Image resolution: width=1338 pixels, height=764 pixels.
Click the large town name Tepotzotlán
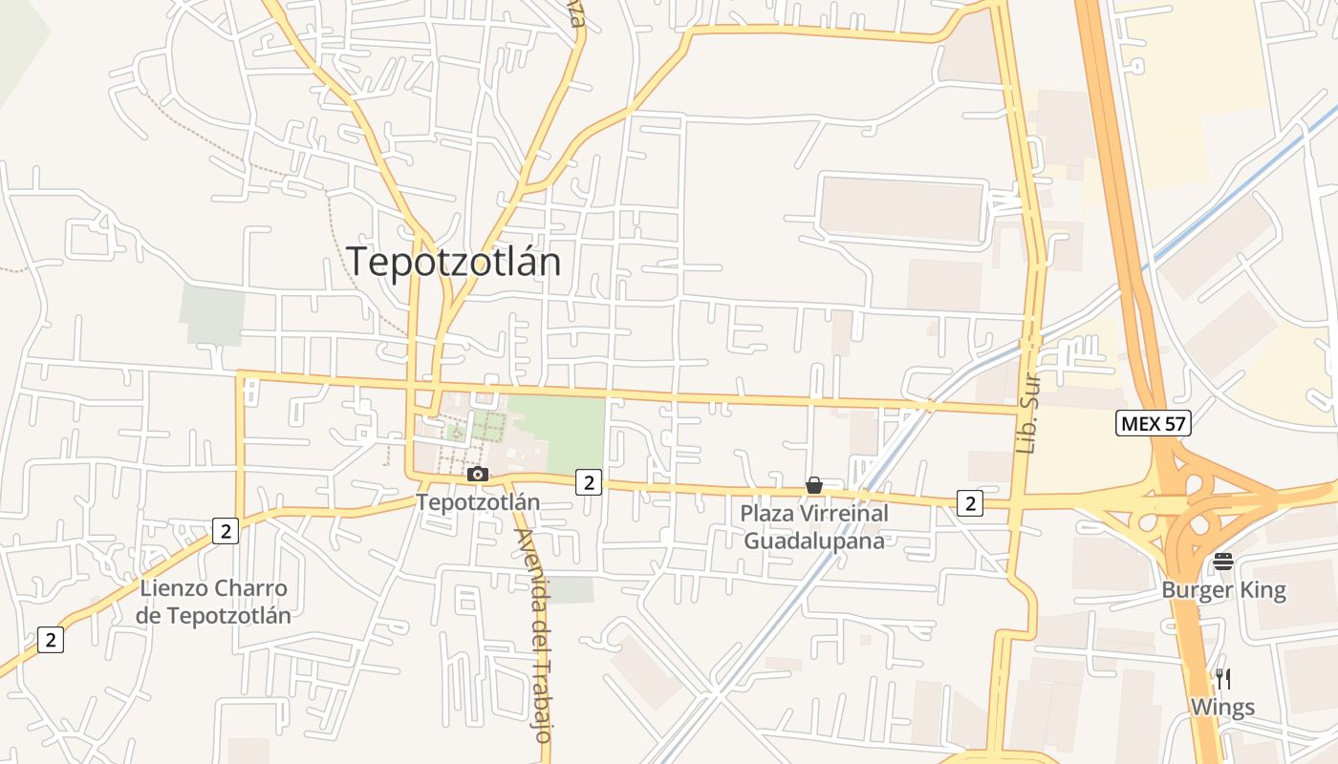pyautogui.click(x=453, y=262)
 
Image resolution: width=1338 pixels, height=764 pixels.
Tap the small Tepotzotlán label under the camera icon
pyautogui.click(x=478, y=502)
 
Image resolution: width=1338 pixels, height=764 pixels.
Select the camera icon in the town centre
pyautogui.click(x=478, y=475)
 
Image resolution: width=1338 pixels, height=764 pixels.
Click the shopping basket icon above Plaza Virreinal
pyautogui.click(x=814, y=486)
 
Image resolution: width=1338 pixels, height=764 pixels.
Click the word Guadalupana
pyautogui.click(x=814, y=541)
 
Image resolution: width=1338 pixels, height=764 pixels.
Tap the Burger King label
pyautogui.click(x=1223, y=590)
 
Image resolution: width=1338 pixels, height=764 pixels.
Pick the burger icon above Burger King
pyautogui.click(x=1223, y=562)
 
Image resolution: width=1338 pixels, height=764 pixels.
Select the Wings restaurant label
pyautogui.click(x=1222, y=708)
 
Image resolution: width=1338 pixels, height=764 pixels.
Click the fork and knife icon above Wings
pyautogui.click(x=1222, y=679)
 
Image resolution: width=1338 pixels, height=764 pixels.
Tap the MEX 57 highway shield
pyautogui.click(x=1153, y=423)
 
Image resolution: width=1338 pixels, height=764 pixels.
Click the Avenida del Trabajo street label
pyautogui.click(x=533, y=635)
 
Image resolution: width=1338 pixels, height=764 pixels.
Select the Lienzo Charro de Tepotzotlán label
pyautogui.click(x=213, y=602)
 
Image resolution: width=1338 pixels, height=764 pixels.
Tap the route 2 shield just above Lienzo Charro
pyautogui.click(x=226, y=531)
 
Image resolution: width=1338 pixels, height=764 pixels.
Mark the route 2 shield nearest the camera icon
pyautogui.click(x=589, y=483)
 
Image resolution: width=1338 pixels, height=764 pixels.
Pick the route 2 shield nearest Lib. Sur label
pyautogui.click(x=970, y=502)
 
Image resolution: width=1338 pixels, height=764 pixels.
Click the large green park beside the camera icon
pyautogui.click(x=559, y=433)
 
